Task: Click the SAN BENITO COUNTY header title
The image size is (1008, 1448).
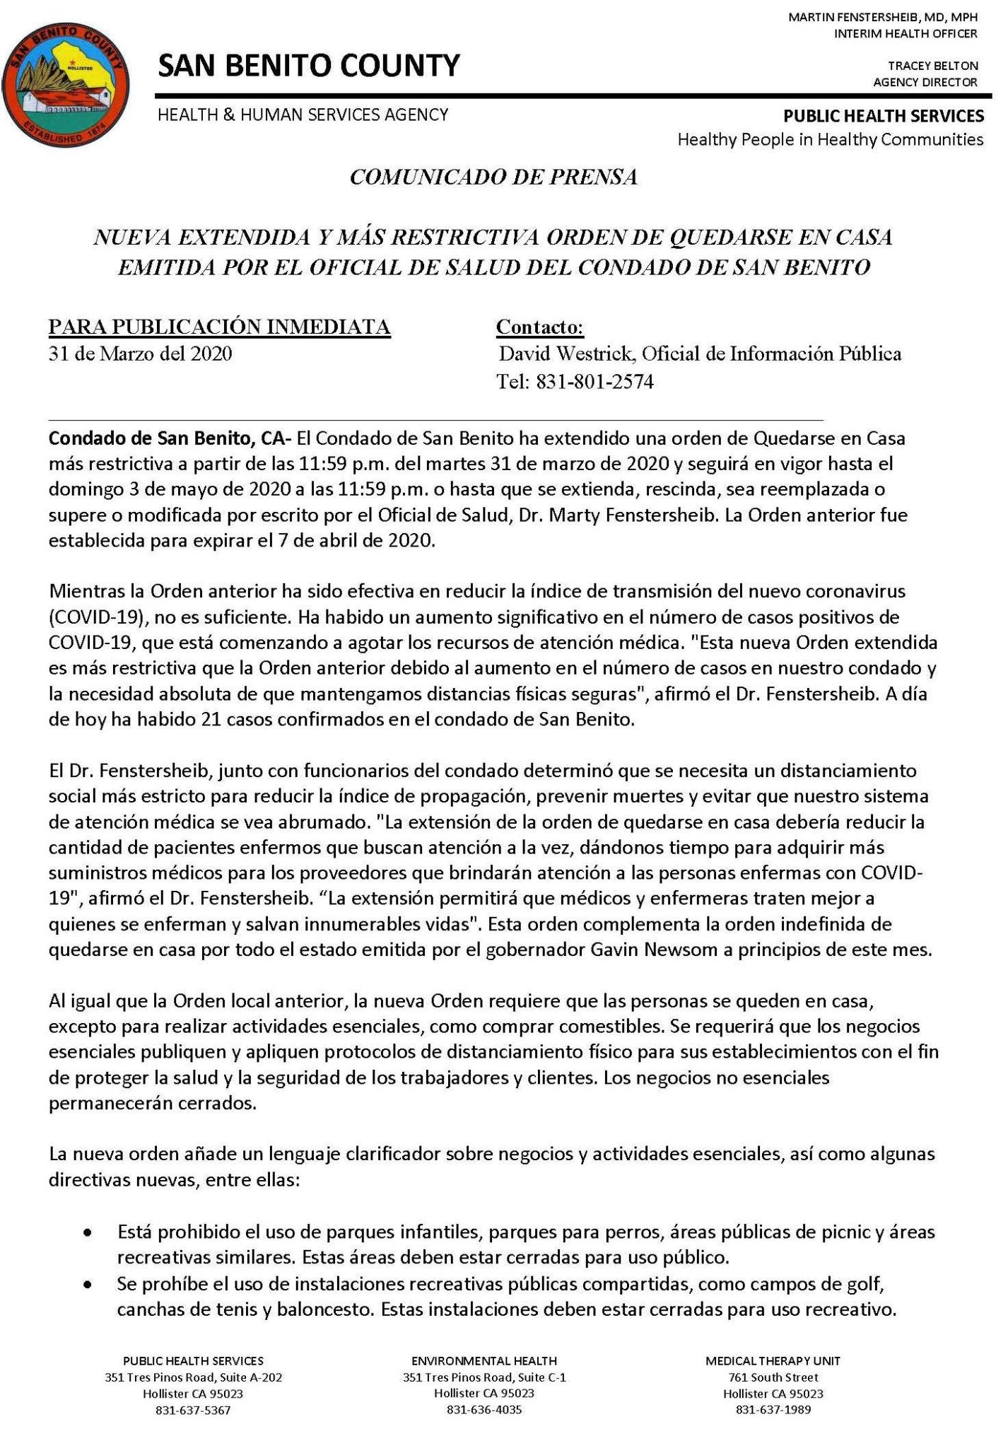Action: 308,66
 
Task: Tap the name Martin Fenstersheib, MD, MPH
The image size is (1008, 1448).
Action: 883,16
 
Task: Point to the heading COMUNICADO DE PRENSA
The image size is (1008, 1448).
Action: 493,177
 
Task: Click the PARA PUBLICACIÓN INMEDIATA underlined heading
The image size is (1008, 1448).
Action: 219,327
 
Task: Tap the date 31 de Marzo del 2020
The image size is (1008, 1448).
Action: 140,354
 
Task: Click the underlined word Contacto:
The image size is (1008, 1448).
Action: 540,327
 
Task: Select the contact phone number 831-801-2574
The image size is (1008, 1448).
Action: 594,383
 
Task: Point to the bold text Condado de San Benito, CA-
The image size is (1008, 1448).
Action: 170,438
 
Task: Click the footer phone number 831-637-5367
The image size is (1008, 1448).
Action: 193,1410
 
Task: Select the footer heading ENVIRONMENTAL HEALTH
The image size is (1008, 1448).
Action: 484,1360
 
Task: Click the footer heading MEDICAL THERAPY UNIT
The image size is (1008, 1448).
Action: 773,1360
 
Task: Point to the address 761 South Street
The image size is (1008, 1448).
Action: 773,1377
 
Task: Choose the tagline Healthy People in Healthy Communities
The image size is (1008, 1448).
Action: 830,139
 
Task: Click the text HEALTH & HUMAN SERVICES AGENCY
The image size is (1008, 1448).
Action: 303,115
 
